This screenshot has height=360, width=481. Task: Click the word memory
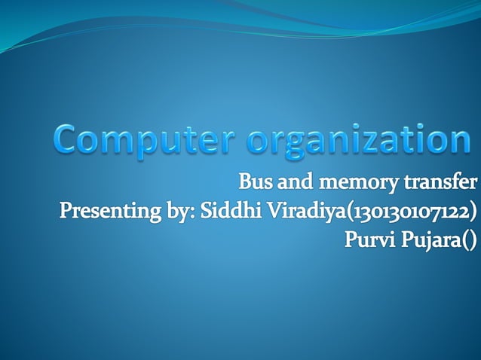(x=351, y=183)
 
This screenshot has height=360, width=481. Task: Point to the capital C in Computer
(x=69, y=141)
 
